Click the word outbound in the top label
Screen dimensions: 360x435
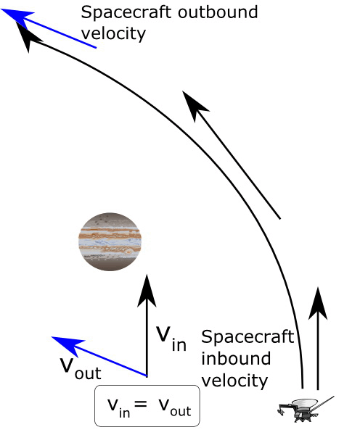[218, 12]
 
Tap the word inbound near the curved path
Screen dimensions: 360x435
[236, 358]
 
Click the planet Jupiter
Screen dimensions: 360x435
[110, 241]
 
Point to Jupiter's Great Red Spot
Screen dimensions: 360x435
[129, 252]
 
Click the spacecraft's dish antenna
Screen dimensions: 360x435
[306, 402]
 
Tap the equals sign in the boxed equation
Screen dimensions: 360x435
[141, 403]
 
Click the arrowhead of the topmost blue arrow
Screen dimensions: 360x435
[17, 17]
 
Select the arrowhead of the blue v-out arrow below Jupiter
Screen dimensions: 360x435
[67, 345]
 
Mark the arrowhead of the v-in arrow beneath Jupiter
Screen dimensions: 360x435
[147, 291]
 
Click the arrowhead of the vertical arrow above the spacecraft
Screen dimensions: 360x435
[318, 304]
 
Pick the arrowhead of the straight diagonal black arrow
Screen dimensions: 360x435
[194, 104]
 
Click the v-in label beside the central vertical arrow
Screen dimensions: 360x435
[171, 339]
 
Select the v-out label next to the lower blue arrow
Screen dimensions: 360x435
[81, 368]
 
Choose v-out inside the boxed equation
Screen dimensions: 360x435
[175, 407]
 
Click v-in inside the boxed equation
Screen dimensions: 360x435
[118, 407]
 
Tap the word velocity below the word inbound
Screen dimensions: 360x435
[234, 381]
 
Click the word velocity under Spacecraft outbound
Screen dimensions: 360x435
[113, 34]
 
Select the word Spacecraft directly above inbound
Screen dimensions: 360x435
[247, 337]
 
